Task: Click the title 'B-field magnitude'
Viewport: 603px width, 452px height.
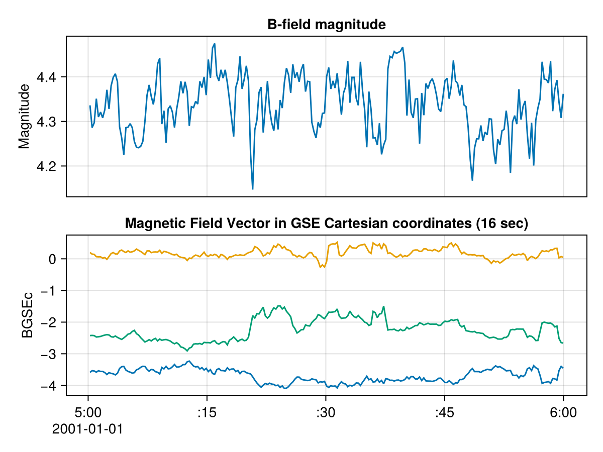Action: (327, 25)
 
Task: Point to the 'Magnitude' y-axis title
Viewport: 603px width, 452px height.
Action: (24, 117)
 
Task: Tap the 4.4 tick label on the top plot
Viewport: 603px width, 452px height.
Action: (48, 77)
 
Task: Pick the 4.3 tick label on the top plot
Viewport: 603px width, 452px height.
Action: (48, 122)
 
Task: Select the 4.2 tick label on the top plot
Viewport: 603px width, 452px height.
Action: (48, 166)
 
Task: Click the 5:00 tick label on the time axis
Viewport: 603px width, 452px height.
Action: (88, 413)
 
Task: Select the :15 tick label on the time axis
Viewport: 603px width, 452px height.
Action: (207, 413)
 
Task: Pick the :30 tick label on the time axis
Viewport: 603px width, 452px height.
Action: (326, 413)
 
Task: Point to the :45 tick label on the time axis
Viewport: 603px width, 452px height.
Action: (444, 413)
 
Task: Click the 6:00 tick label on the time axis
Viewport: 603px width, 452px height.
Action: (563, 413)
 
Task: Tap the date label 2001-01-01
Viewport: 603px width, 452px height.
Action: (88, 429)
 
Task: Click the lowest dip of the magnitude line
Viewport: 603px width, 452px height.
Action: (252, 189)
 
